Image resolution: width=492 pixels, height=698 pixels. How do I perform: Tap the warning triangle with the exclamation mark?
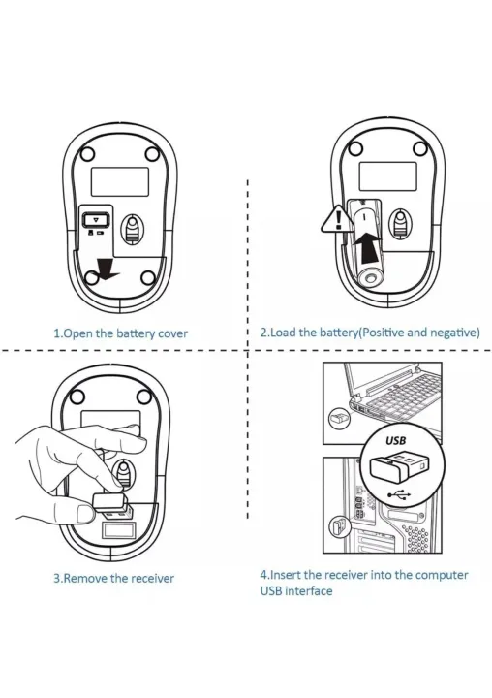point(335,219)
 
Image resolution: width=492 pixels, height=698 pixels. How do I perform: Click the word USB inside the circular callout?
point(395,439)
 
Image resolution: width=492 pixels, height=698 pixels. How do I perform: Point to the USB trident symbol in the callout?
point(397,494)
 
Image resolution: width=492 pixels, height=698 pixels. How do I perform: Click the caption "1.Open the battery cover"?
point(120,333)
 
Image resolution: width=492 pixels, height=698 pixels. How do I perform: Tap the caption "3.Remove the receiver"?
point(113,578)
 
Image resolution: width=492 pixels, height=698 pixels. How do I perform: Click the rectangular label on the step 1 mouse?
point(119,179)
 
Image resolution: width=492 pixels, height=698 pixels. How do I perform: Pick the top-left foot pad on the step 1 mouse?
point(86,152)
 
